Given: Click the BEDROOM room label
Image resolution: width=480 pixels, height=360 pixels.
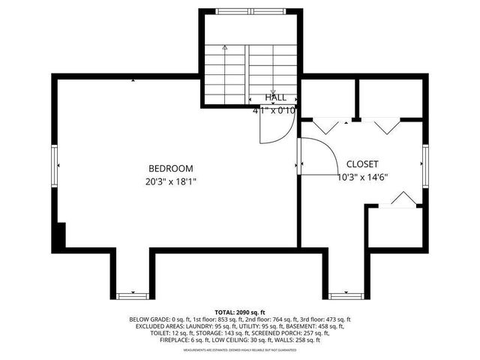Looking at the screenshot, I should (170, 169).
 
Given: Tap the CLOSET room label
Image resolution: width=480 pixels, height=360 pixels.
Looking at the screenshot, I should (361, 164).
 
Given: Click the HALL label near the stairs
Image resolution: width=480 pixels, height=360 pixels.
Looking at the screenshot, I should (275, 97).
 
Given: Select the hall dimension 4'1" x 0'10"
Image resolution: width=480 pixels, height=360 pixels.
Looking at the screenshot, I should (274, 109).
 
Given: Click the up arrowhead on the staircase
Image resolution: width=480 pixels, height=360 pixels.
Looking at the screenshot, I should (224, 47).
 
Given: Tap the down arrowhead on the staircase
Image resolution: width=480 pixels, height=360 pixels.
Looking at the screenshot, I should (272, 91).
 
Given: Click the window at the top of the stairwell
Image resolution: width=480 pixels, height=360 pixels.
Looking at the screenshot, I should (250, 12).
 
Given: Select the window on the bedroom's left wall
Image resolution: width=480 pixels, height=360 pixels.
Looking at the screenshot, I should (54, 165).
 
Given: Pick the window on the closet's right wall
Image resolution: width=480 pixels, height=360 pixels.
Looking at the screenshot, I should (424, 165).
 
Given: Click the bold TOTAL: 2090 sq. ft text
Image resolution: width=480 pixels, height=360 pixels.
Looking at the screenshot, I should (240, 312).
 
